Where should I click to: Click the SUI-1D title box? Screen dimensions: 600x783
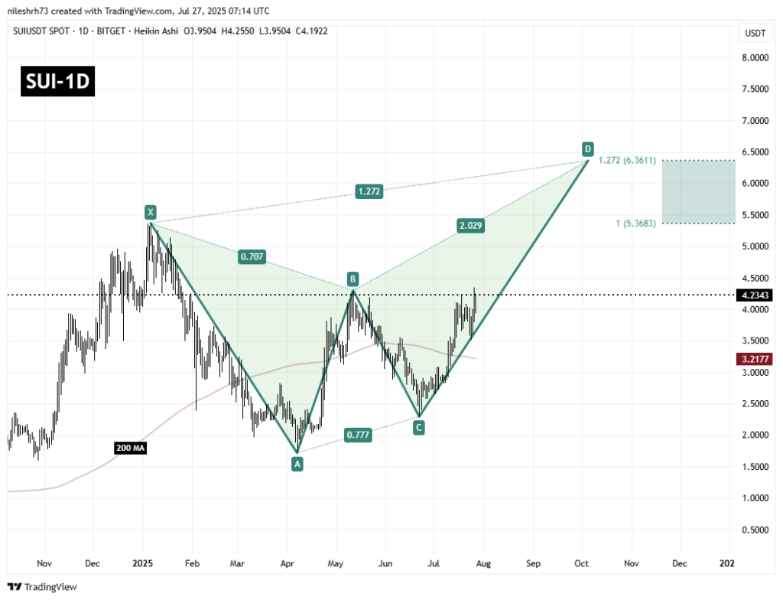[58, 82]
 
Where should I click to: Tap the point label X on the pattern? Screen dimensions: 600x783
[151, 212]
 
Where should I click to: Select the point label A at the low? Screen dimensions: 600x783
[297, 462]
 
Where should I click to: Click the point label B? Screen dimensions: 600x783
[352, 279]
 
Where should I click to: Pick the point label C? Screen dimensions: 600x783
[419, 427]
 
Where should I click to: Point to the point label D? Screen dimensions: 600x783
[587, 148]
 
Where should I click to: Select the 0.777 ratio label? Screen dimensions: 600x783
[359, 435]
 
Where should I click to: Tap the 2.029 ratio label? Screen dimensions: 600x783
[469, 226]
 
